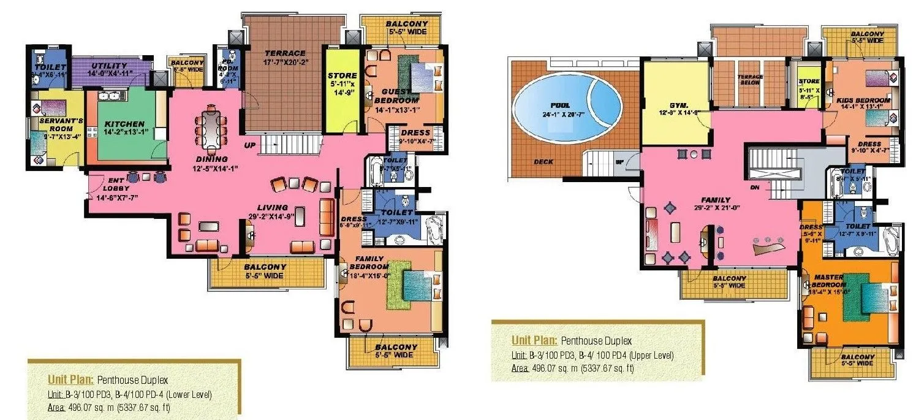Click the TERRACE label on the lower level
click(x=285, y=53)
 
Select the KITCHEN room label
click(x=124, y=123)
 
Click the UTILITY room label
click(x=109, y=66)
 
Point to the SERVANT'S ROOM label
click(x=52, y=125)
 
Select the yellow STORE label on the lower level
click(x=342, y=75)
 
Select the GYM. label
click(x=670, y=105)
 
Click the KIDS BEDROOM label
click(x=863, y=100)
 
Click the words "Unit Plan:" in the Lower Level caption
click(x=69, y=378)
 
